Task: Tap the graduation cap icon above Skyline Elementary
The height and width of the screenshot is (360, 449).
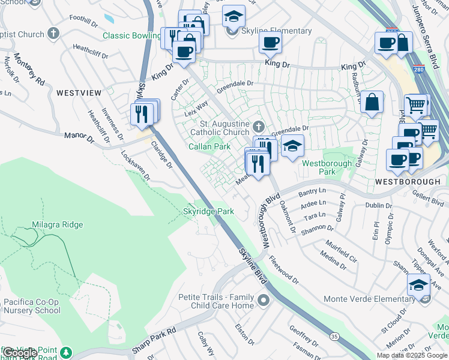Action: point(234,16)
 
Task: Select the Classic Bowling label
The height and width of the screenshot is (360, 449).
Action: point(131,35)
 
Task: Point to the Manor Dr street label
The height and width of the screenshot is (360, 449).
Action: point(80,137)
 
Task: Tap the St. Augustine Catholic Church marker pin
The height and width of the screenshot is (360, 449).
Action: point(259,127)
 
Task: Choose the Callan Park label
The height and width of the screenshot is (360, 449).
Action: point(209,146)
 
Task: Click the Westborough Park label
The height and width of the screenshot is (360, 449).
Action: point(327,167)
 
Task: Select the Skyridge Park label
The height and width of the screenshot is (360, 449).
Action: point(208,211)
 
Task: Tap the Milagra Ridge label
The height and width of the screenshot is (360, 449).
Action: point(57,224)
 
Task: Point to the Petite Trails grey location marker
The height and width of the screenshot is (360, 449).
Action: point(263,300)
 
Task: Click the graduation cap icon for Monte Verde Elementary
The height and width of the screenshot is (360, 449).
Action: point(418,284)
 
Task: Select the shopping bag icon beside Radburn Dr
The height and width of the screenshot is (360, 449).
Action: point(372,102)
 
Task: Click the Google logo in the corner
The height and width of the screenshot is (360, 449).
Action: point(19,352)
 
